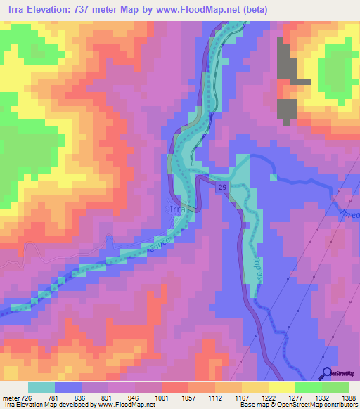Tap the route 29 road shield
click(221, 187)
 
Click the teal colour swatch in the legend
click(41, 387)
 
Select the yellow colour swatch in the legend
click(281, 387)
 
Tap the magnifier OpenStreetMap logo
click(327, 374)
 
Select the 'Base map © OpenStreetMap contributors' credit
click(297, 405)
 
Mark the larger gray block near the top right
click(288, 61)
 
